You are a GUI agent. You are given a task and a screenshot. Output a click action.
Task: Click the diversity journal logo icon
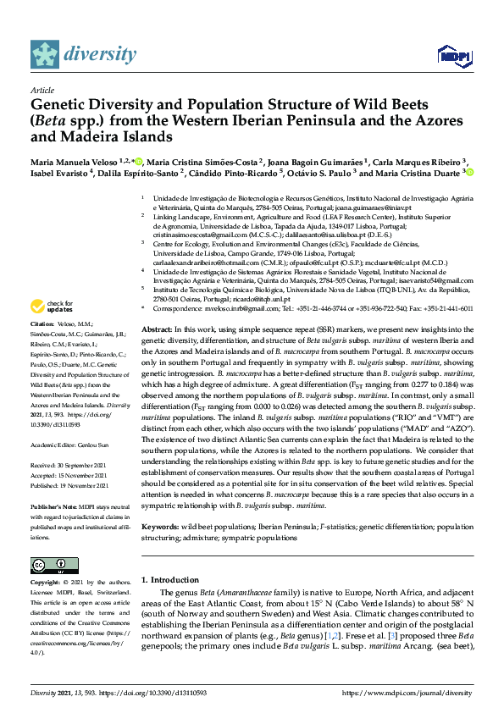pos(45,54)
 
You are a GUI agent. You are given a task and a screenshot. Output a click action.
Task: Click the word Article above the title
pos(43,89)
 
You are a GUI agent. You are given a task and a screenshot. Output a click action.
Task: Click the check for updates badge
pos(47,306)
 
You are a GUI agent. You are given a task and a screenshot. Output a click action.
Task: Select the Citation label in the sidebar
pos(42,324)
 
